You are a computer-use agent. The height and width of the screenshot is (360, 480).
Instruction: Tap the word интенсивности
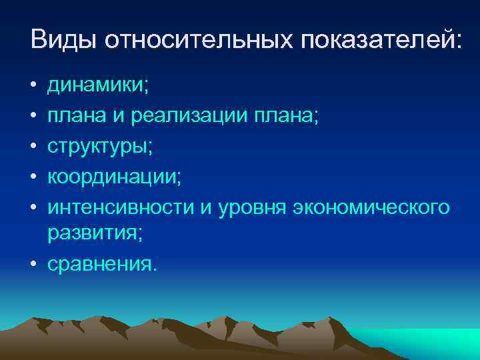point(121,207)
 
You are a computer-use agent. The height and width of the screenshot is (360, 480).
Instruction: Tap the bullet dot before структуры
point(33,148)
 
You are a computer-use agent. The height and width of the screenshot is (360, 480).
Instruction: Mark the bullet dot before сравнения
point(33,265)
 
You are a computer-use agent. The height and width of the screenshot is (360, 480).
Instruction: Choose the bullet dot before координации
point(33,177)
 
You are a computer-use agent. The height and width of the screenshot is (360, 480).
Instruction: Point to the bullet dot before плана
point(33,118)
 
